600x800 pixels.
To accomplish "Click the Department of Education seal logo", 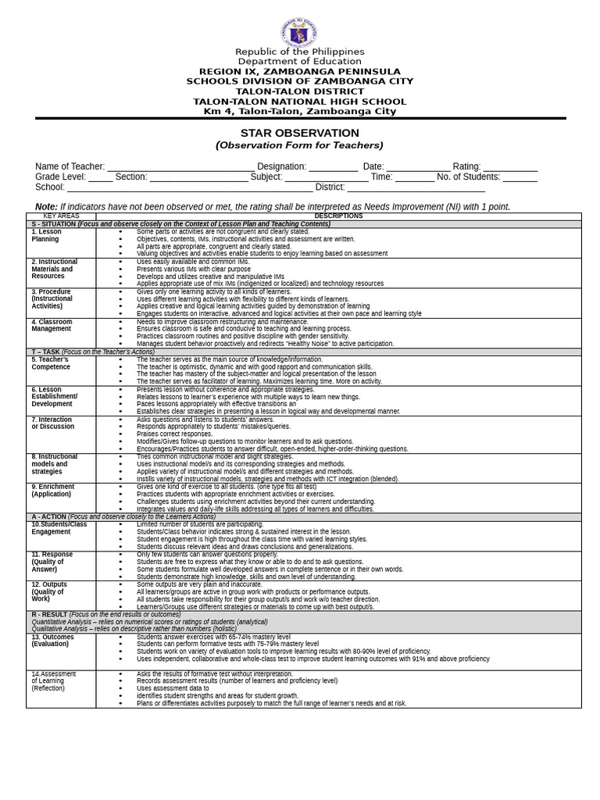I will (298, 34).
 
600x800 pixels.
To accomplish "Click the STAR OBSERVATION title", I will (299, 133).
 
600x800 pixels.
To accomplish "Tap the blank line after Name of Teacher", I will (180, 167).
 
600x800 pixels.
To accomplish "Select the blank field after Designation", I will (333, 167).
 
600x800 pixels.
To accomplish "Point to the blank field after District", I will (416, 187).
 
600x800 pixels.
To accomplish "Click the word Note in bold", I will (46, 207).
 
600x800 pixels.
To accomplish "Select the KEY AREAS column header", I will (61, 216).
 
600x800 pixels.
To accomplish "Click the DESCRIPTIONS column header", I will (338, 216).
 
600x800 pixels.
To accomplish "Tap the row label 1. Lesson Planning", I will (46, 235).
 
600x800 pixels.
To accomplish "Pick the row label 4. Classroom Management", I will (52, 325).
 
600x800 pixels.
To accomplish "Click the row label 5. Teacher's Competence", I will (51, 362).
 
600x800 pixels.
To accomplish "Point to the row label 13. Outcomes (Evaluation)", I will (52, 640).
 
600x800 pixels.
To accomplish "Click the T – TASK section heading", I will (93, 352).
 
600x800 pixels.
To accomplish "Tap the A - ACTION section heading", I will (123, 516).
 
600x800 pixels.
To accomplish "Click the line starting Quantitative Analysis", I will (149, 622).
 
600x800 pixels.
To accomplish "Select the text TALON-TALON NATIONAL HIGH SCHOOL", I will (299, 102).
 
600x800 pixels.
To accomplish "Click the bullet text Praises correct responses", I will (174, 434).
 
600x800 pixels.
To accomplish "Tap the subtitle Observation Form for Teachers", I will (299, 145).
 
